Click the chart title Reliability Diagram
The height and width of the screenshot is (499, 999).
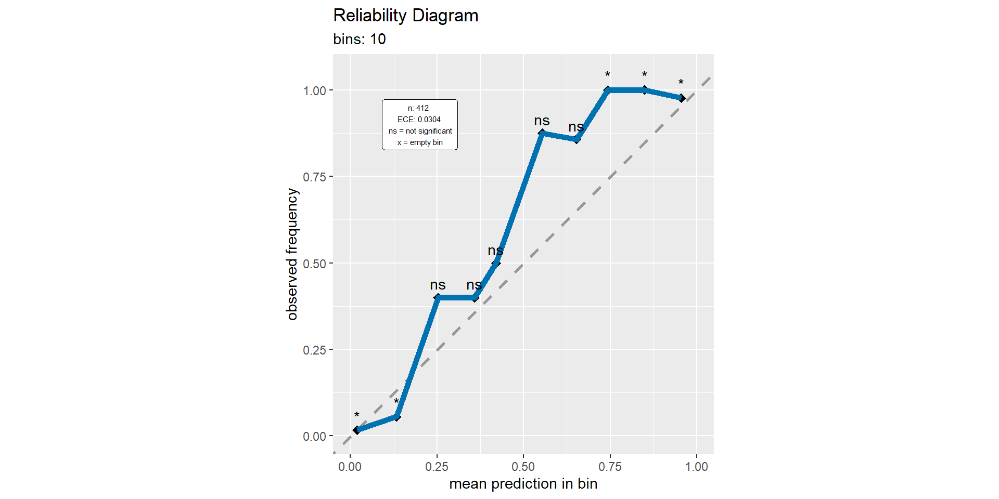[x=405, y=16]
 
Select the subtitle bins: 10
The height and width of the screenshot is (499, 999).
[x=359, y=40]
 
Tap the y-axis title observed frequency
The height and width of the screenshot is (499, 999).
[x=292, y=254]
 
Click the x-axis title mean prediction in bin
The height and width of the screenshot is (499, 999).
[x=523, y=484]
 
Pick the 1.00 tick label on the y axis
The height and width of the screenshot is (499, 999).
[x=314, y=91]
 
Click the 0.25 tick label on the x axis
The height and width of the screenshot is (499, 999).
[x=437, y=467]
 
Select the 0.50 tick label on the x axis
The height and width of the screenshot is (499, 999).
[x=523, y=467]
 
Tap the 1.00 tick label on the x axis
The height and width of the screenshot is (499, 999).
[x=696, y=467]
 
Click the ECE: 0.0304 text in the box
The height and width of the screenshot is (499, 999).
[x=419, y=120]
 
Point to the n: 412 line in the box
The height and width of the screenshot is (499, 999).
[x=418, y=108]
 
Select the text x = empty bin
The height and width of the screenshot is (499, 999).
[x=420, y=142]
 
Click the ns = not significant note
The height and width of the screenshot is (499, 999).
[x=420, y=131]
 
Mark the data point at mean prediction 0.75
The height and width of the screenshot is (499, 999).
[x=608, y=90]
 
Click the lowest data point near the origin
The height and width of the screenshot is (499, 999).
[x=356, y=430]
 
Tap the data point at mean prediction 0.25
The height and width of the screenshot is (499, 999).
[x=437, y=298]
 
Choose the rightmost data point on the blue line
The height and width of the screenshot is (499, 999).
[x=682, y=98]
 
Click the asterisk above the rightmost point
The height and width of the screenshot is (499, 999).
[x=681, y=83]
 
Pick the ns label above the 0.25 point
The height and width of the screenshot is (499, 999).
[x=438, y=285]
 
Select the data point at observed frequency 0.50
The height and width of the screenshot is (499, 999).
[x=496, y=263]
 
